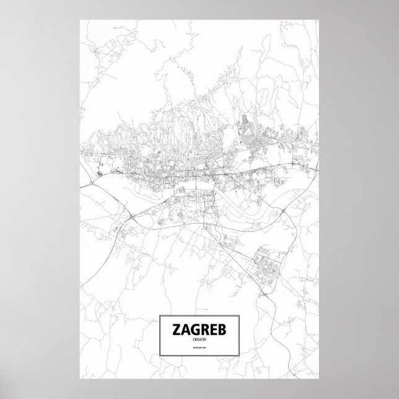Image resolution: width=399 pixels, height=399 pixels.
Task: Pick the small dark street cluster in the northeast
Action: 247,120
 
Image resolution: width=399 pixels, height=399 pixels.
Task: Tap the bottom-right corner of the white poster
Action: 319,379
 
